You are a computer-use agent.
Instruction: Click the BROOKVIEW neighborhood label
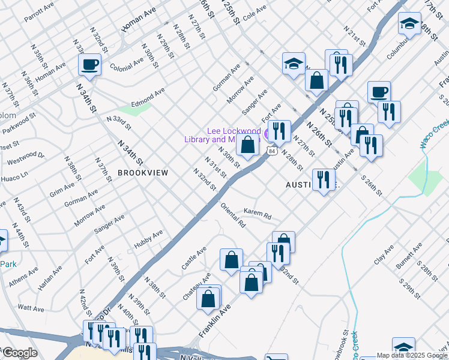pyautogui.click(x=142, y=173)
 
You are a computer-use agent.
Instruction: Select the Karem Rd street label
pyautogui.click(x=258, y=212)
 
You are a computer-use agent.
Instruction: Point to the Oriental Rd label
pyautogui.click(x=233, y=215)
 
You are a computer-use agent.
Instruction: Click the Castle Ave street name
pyautogui.click(x=194, y=257)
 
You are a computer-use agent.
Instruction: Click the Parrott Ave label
pyautogui.click(x=40, y=14)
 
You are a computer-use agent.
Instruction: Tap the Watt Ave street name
pyautogui.click(x=31, y=308)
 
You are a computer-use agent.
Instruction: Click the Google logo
pyautogui.click(x=19, y=353)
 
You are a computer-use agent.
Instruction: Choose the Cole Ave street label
pyautogui.click(x=255, y=10)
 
